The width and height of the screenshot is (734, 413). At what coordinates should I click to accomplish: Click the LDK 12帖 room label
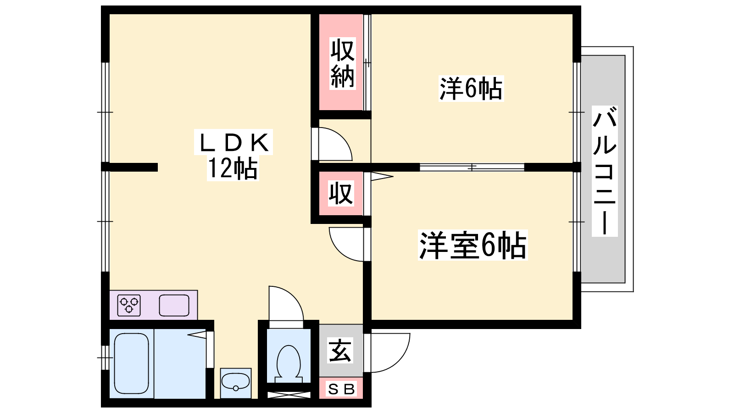[x=233, y=155]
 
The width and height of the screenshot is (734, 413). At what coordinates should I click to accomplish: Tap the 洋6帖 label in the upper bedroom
[x=471, y=89]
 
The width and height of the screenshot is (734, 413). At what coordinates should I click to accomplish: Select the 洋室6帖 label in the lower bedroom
[x=473, y=245]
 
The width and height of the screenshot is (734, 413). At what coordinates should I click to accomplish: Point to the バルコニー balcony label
[x=605, y=171]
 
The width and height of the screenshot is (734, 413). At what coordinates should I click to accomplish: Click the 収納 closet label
[x=342, y=64]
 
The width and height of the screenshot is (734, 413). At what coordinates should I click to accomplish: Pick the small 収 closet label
[x=341, y=193]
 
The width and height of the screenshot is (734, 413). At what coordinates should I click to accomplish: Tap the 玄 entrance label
[x=340, y=351]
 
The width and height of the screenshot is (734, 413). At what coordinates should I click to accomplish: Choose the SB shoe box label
[x=341, y=389]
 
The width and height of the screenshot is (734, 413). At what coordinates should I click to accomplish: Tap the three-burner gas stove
[x=129, y=305]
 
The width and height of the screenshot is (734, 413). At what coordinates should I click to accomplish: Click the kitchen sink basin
[x=174, y=305]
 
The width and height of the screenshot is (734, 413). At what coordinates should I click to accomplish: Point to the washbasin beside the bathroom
[x=236, y=383]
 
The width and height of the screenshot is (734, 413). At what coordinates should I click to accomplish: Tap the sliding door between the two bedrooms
[x=472, y=167]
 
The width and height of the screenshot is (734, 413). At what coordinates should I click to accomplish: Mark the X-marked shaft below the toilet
[x=289, y=395]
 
